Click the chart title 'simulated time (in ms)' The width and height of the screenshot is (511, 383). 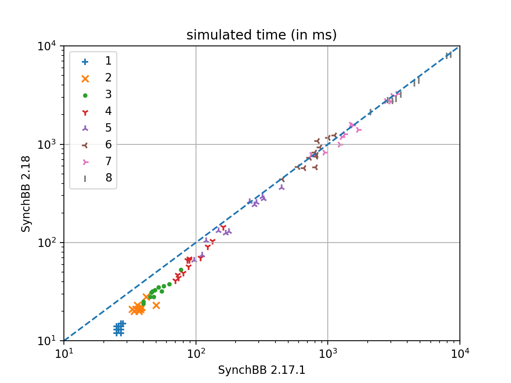pos(261,35)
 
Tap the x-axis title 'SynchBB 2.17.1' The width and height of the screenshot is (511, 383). pos(261,370)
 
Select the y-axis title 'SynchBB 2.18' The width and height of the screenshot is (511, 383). pos(26,193)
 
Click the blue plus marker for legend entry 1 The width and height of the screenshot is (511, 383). pos(85,61)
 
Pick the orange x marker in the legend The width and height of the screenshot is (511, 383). pos(85,78)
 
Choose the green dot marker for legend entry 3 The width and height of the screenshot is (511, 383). pos(85,95)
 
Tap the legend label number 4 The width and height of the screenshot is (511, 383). pos(108,111)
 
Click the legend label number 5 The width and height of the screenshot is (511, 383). pos(108,128)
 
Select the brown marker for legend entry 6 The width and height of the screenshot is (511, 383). pos(85,145)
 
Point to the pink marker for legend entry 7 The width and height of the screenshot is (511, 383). pos(85,162)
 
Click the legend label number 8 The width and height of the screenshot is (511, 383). pos(108,178)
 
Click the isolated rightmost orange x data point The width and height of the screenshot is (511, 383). pos(156,305)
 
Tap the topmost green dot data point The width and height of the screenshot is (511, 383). pos(181,270)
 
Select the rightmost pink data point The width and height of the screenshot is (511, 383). pos(358,130)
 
